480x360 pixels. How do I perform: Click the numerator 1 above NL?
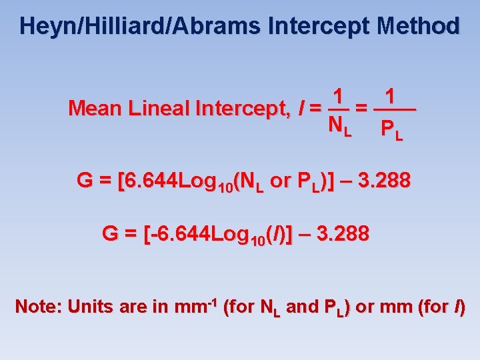339,95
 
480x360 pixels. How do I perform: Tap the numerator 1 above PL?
393,95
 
